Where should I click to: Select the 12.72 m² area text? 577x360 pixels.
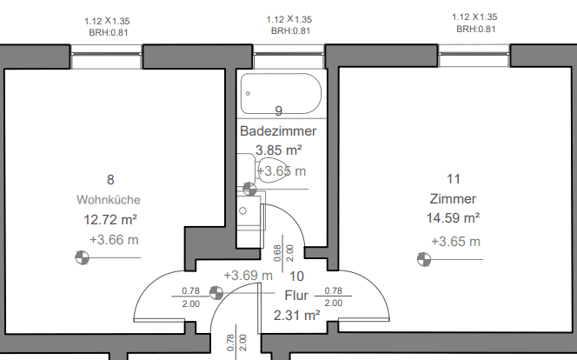pos(111,218)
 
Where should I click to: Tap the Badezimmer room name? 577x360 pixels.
pos(278,130)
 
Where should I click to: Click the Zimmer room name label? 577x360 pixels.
pos(452,197)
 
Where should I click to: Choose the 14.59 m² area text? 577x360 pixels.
pos(453,217)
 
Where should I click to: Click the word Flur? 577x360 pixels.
pos(296,296)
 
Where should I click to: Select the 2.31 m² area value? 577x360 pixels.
pos(296,315)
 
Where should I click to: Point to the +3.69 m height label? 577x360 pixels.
pos(248,276)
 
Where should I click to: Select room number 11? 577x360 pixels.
pos(453,178)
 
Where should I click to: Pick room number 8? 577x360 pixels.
pos(110,180)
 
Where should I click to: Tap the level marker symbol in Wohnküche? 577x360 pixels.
pos(82,257)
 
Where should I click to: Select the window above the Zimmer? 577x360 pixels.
pos(475,57)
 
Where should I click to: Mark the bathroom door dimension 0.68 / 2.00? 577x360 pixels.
pos(283,252)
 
